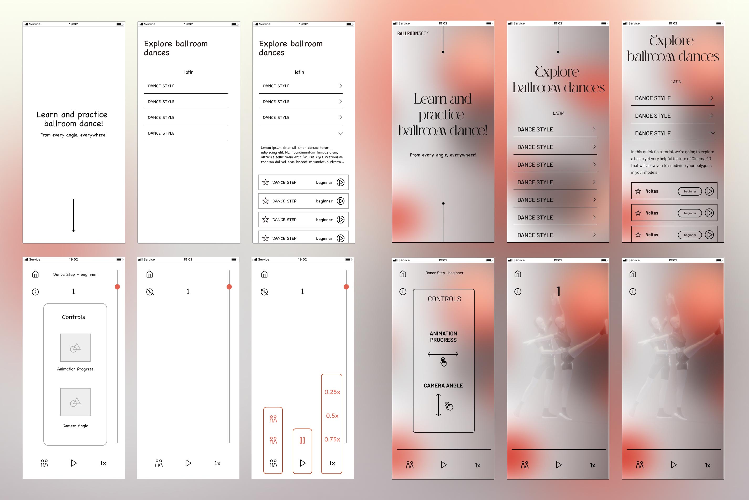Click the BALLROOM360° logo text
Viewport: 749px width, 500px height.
413,33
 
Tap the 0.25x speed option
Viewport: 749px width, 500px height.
332,392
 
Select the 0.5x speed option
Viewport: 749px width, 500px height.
332,416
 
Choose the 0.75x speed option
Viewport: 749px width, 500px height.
332,440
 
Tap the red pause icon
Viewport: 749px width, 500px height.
302,440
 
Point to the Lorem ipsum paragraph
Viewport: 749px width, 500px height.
302,155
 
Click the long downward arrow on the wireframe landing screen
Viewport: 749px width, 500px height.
74,216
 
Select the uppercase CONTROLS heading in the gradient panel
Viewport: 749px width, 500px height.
444,299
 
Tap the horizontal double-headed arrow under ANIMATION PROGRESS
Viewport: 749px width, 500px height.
443,354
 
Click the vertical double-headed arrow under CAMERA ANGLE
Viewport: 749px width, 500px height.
438,405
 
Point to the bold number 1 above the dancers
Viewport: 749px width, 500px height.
558,291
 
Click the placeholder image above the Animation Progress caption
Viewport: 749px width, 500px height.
75,348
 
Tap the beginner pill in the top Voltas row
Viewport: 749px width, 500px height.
690,191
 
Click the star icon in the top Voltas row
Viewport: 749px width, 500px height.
638,191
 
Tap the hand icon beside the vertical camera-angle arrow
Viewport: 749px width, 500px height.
449,406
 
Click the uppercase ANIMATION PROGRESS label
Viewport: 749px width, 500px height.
443,337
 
